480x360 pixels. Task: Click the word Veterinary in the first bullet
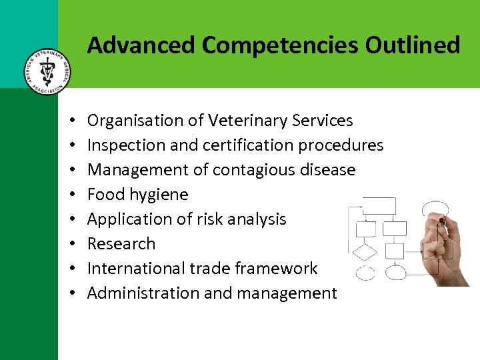[248, 121]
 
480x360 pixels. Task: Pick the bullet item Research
[121, 244]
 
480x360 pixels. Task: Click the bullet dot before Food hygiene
[71, 195]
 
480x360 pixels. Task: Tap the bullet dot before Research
[71, 245]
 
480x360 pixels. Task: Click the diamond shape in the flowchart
[365, 252]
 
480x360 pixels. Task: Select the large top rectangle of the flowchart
[378, 206]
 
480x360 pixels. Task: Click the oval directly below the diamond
[365, 273]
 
